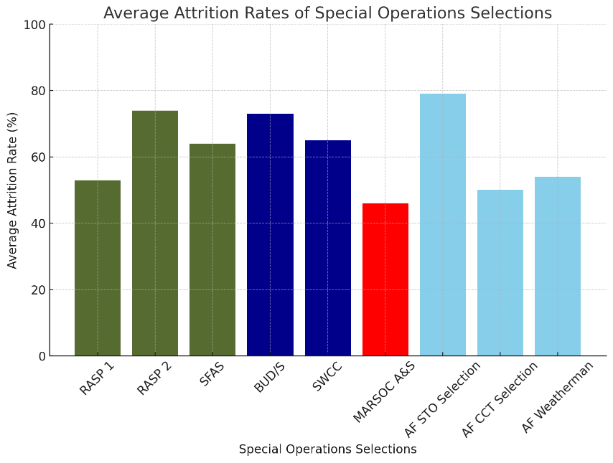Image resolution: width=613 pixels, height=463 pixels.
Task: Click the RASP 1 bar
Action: [97, 268]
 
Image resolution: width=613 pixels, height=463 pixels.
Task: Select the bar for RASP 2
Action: [155, 233]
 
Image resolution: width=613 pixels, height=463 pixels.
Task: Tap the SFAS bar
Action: [212, 250]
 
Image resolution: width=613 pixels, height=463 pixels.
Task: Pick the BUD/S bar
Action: [270, 235]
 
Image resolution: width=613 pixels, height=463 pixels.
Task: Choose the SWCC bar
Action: [327, 248]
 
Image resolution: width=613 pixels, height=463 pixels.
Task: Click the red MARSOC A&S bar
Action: [385, 280]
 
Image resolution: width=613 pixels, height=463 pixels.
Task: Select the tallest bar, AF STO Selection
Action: [442, 225]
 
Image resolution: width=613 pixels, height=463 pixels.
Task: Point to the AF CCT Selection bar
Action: [500, 273]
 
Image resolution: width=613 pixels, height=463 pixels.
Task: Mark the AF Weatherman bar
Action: [557, 266]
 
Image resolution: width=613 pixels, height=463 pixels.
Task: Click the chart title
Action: [327, 13]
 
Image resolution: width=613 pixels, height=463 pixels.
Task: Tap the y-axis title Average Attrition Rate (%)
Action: [13, 190]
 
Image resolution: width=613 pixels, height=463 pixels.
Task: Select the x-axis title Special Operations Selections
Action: [327, 449]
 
